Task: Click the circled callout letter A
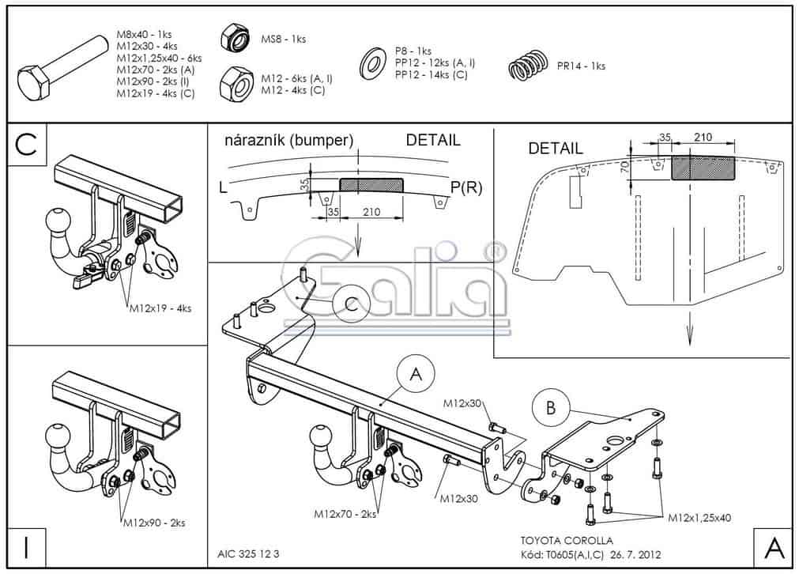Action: [x=416, y=374]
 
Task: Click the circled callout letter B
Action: [x=551, y=407]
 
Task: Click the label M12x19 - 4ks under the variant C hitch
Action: [x=160, y=308]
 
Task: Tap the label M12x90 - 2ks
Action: [x=153, y=523]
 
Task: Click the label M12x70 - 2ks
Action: [x=345, y=515]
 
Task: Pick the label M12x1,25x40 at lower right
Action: [x=699, y=517]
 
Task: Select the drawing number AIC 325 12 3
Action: [x=247, y=553]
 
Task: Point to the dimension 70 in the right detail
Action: [x=625, y=165]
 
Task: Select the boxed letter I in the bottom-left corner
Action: [x=26, y=547]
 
